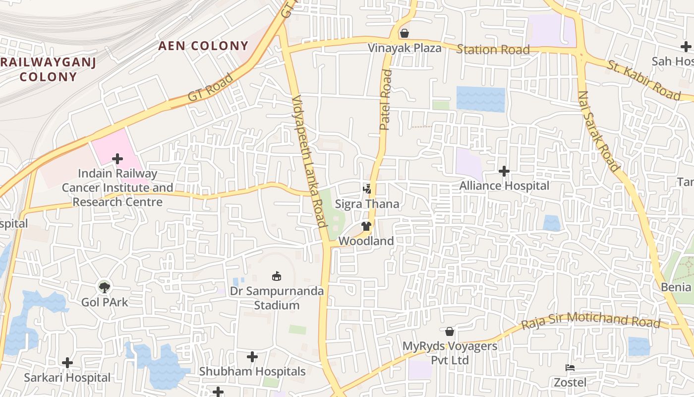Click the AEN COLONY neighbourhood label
tap(203, 46)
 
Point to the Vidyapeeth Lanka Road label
tap(309, 161)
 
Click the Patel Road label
tap(386, 100)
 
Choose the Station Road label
tap(493, 49)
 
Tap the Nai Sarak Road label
tap(598, 131)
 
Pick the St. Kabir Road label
tap(644, 80)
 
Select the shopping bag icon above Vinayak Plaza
tap(405, 33)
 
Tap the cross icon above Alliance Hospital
tap(504, 171)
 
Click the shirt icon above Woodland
tap(366, 226)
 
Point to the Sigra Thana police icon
tap(367, 189)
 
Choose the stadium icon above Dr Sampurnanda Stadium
tap(277, 276)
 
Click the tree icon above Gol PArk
tap(104, 286)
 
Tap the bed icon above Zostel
tap(570, 368)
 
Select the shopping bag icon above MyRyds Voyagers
tap(450, 331)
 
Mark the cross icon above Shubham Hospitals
tap(252, 356)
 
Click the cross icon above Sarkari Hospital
tap(67, 363)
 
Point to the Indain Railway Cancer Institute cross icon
tap(117, 159)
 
